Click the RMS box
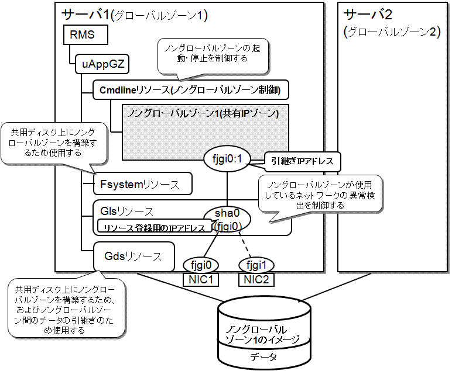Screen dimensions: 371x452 coord(85,36)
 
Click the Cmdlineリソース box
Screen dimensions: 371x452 coord(187,90)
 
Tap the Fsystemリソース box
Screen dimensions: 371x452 coord(143,185)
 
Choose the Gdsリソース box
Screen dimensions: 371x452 coord(135,256)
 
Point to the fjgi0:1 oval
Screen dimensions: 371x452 coord(227,158)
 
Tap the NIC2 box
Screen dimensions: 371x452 coord(256,279)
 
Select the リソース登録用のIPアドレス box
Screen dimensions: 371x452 coord(155,227)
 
